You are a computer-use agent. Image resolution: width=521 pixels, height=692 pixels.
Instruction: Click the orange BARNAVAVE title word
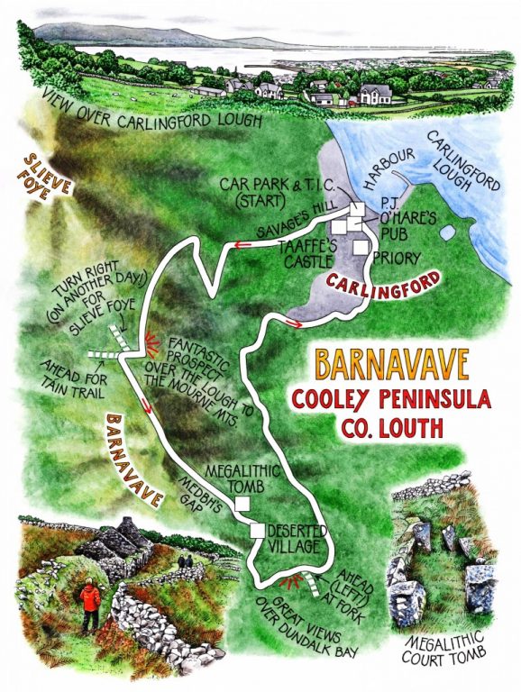pyautogui.click(x=391, y=364)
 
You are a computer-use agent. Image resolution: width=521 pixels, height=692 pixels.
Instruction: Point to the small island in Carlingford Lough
pyautogui.click(x=448, y=232)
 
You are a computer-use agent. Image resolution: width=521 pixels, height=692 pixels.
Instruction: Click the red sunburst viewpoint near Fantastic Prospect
pyautogui.click(x=147, y=341)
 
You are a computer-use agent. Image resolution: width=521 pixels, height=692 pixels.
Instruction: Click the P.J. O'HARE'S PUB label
pyautogui.click(x=389, y=218)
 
